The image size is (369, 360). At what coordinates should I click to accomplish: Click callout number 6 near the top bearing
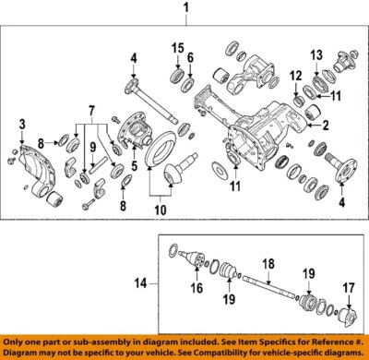[x=192, y=58]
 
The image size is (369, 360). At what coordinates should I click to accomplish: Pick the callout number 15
[x=174, y=46]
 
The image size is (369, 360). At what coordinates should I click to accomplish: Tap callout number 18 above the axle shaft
[x=268, y=264]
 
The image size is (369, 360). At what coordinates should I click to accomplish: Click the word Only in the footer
[x=18, y=343]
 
